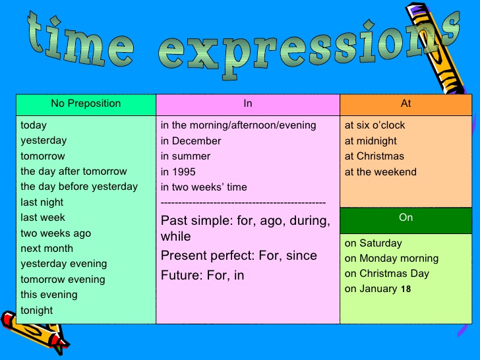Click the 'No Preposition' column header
pos(86,104)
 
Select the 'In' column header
pos(248,104)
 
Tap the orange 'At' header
pos(405,104)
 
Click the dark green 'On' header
pos(405,218)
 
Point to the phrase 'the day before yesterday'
pos(79,187)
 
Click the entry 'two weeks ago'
pos(55,233)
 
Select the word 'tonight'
pos(37,311)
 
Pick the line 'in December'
pos(191,141)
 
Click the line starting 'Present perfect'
pos(239,256)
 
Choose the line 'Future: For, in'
pos(202,276)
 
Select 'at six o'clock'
pos(375,125)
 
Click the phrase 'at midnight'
pos(371,141)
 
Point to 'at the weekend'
pos(380,172)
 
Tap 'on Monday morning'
pos(391,258)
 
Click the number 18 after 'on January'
pos(405,289)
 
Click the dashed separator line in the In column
pos(243,203)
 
